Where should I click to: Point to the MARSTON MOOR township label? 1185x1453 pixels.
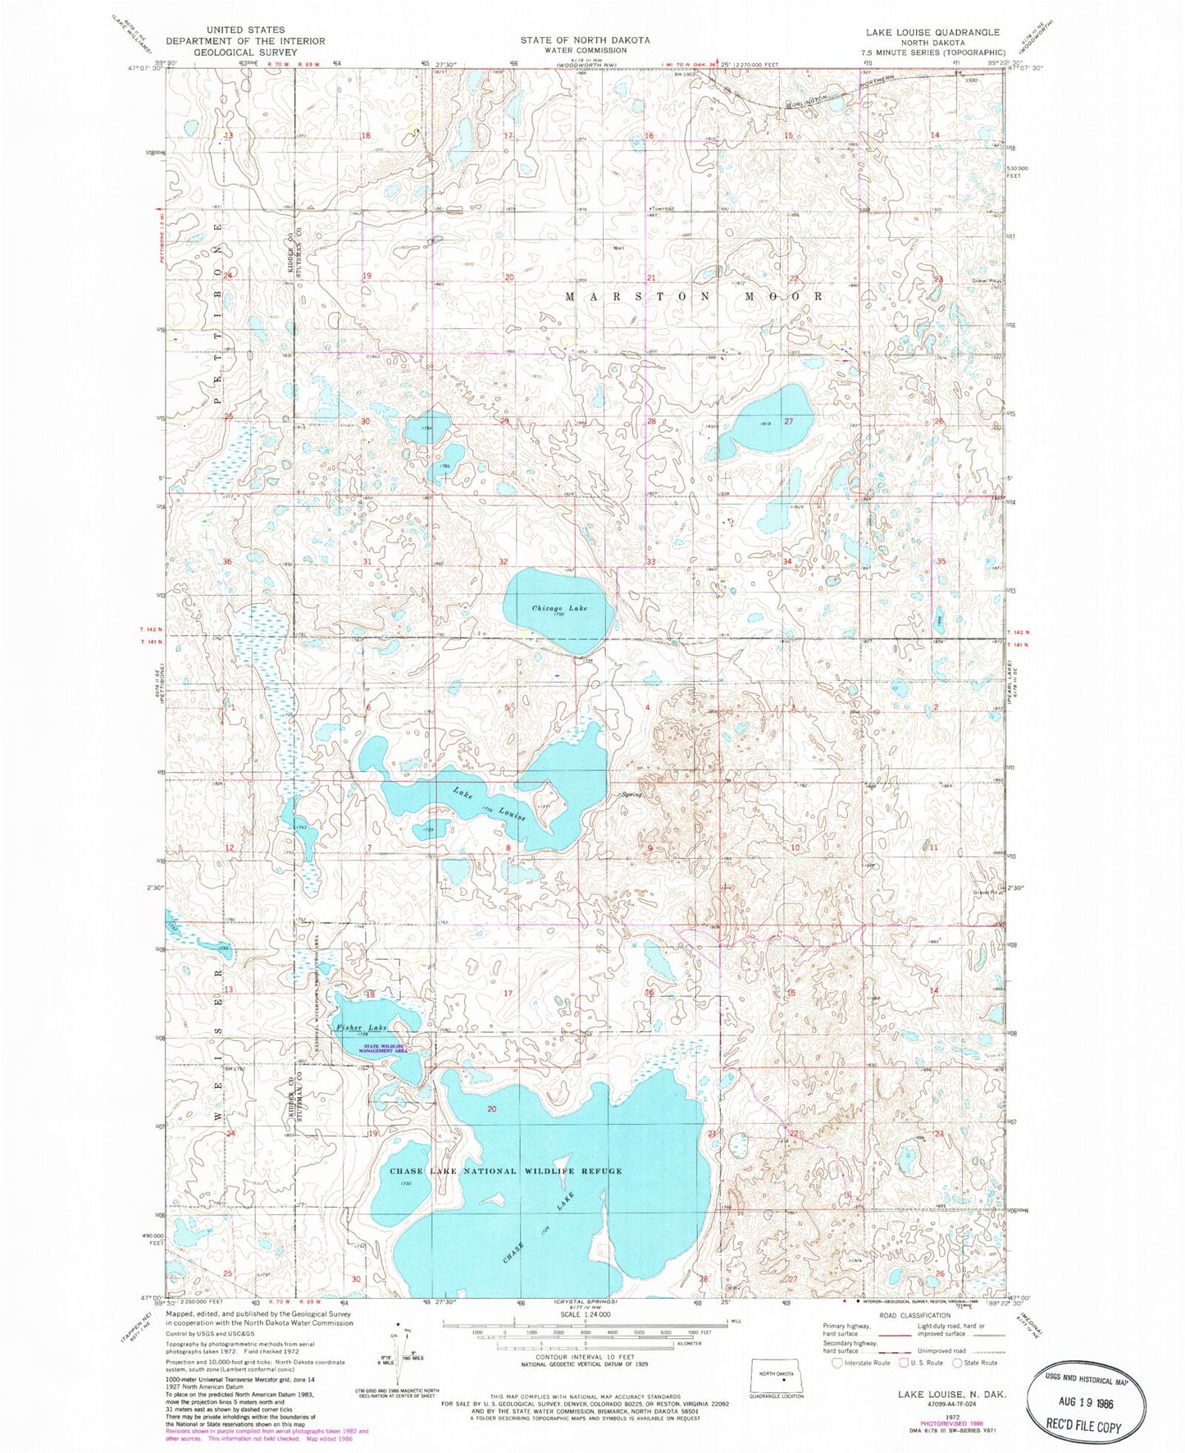click(694, 296)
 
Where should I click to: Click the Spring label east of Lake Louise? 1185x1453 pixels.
click(631, 794)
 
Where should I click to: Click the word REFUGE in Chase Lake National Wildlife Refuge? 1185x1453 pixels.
click(599, 1171)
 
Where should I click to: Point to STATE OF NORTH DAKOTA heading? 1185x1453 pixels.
click(586, 39)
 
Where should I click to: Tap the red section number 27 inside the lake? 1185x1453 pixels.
click(789, 421)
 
